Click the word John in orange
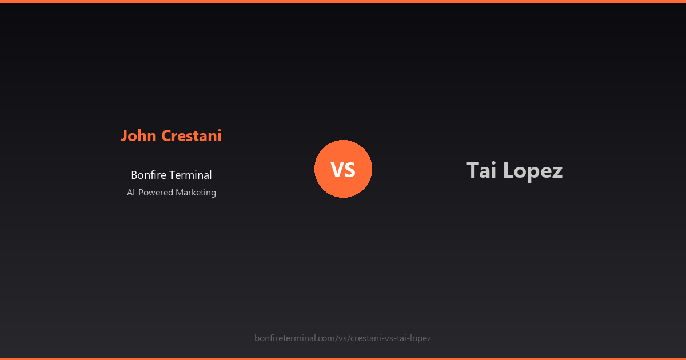[x=139, y=136]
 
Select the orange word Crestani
[x=192, y=136]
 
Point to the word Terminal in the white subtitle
[x=191, y=175]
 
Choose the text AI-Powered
[x=150, y=193]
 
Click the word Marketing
[x=196, y=193]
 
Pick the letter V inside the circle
[x=336, y=170]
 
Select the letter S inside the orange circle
[x=350, y=170]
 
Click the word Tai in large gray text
[x=481, y=171]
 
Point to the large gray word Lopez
[x=533, y=171]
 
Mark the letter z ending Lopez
[x=557, y=172]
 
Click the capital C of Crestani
[x=166, y=136]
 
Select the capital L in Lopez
[x=508, y=170]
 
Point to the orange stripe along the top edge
[x=343, y=1]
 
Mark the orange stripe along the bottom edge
[x=343, y=358]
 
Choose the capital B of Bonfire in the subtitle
[x=134, y=175]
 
